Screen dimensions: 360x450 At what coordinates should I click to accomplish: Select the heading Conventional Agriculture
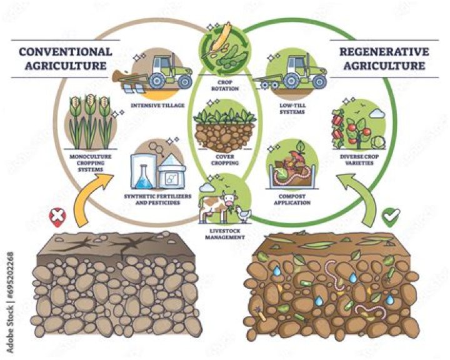(x=66, y=58)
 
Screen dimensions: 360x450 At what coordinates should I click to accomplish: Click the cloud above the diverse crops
(x=377, y=114)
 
